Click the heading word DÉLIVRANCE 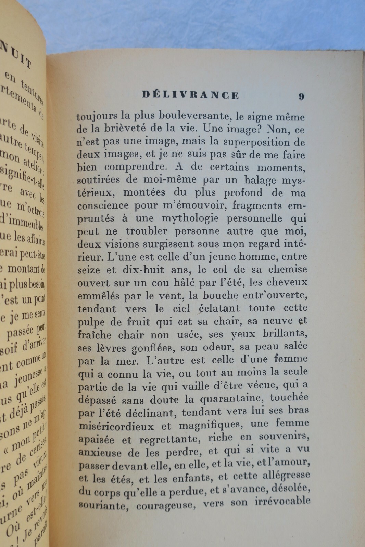coord(190,95)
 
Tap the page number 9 coord(301,96)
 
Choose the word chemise coord(289,269)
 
